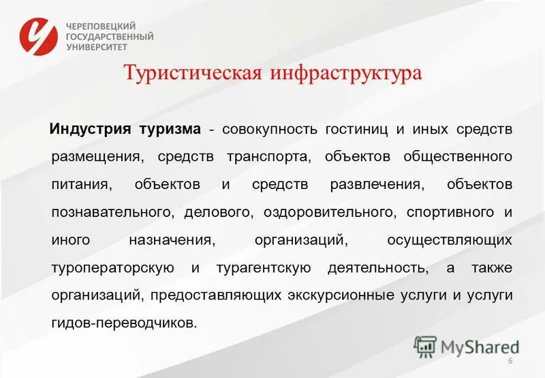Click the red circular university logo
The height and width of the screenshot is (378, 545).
(x=39, y=36)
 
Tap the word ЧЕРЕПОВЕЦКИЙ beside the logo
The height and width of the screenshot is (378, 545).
(x=101, y=25)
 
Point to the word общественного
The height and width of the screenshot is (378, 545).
(x=458, y=157)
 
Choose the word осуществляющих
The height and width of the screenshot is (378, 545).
(x=449, y=241)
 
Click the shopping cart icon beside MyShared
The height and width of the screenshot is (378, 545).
(x=425, y=347)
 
